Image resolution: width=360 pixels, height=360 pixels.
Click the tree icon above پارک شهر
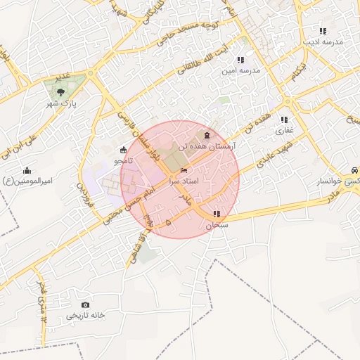60,91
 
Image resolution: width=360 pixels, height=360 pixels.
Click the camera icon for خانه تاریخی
86,304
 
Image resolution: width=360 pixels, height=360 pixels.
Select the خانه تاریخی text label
86,316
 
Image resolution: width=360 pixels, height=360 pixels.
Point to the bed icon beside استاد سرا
184,171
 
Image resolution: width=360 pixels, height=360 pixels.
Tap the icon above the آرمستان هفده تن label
206,135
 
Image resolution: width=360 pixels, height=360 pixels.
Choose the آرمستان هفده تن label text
207,146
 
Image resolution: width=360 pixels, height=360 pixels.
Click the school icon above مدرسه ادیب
323,31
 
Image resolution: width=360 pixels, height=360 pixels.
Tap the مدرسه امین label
241,71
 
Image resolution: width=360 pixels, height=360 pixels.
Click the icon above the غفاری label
285,119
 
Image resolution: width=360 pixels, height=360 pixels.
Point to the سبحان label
217,226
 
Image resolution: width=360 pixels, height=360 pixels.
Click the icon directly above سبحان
217,214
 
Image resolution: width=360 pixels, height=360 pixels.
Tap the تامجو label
124,161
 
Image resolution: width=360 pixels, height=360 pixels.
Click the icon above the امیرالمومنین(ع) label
27,169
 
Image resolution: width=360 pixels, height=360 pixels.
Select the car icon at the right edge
355,170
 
